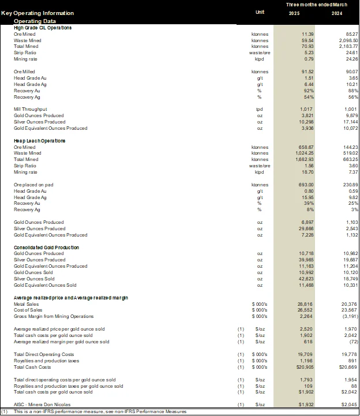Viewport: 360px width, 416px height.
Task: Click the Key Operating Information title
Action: click(37, 13)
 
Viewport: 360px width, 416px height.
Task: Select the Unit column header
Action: click(260, 12)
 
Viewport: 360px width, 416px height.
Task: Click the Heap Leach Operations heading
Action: click(39, 141)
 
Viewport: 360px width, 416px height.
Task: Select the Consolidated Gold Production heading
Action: click(46, 248)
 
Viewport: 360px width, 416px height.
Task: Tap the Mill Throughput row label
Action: click(30, 109)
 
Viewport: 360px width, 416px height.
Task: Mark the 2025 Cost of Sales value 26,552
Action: click(305, 310)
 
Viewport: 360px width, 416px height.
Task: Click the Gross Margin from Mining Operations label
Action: click(54, 316)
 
